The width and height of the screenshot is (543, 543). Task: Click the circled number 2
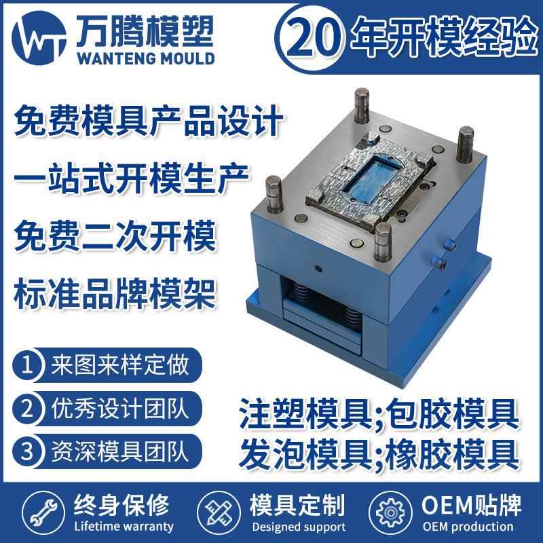[x=29, y=409]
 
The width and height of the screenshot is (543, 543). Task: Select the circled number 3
[x=29, y=451]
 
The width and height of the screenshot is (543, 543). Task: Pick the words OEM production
[x=468, y=527]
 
